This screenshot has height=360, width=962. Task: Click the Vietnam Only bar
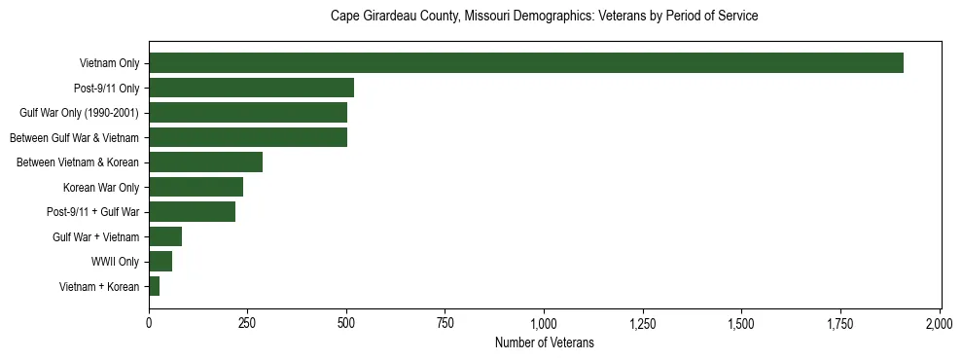pyautogui.click(x=525, y=63)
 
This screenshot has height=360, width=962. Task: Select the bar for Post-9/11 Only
pyautogui.click(x=251, y=88)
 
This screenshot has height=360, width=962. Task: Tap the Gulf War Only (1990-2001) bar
pyautogui.click(x=248, y=113)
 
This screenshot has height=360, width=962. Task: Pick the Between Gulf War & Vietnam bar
pyautogui.click(x=248, y=137)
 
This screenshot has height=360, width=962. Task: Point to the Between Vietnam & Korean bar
pyautogui.click(x=205, y=162)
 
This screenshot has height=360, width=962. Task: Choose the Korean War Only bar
pyautogui.click(x=196, y=187)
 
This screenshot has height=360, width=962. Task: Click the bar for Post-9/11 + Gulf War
pyautogui.click(x=192, y=211)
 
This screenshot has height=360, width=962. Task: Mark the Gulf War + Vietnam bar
pyautogui.click(x=165, y=236)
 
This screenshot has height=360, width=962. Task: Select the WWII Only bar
pyautogui.click(x=160, y=261)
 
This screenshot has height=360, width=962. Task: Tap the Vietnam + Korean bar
pyautogui.click(x=154, y=286)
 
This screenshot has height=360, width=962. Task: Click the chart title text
pyautogui.click(x=544, y=16)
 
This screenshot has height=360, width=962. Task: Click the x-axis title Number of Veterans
pyautogui.click(x=544, y=342)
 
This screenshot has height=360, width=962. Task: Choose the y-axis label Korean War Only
pyautogui.click(x=101, y=187)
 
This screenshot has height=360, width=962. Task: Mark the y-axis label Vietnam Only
pyautogui.click(x=109, y=63)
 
